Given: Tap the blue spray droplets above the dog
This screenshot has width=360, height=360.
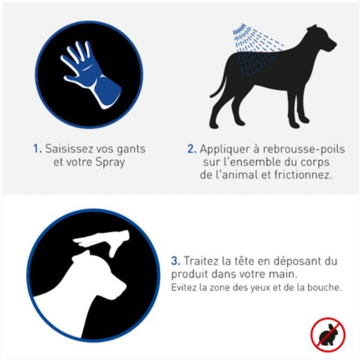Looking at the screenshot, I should (x=248, y=45).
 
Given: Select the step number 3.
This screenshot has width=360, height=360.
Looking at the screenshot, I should (x=176, y=262).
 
